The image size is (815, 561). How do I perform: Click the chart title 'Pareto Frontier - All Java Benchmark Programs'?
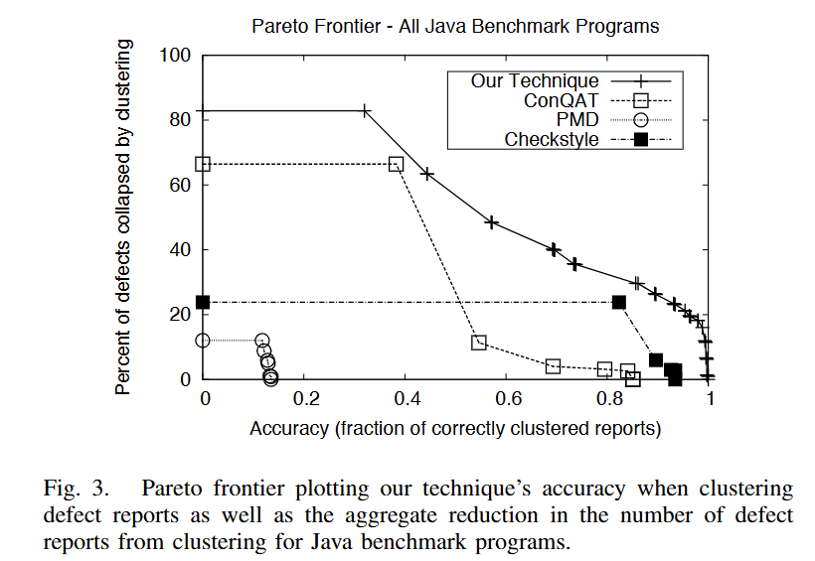click(454, 25)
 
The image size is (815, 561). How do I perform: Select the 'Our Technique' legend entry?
click(535, 80)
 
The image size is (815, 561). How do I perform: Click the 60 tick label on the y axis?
click(179, 185)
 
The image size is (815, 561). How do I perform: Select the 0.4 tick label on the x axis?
click(407, 399)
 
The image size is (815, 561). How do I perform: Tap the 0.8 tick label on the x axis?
click(609, 399)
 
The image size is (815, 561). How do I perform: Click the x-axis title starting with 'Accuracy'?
click(455, 429)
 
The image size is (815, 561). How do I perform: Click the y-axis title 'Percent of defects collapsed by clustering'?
click(123, 216)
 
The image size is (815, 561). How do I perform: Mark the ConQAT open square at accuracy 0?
click(204, 164)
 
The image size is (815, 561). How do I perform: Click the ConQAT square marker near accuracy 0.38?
click(396, 164)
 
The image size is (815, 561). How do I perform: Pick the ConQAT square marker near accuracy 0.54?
click(479, 343)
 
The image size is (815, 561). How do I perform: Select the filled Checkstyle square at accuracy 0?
click(204, 302)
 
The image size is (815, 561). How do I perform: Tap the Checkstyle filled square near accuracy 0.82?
click(619, 302)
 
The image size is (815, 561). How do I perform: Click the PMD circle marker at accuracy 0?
click(204, 340)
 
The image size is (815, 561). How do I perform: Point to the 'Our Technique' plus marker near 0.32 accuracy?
click(365, 110)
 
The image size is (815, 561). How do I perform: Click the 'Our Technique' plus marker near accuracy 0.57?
click(491, 222)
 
